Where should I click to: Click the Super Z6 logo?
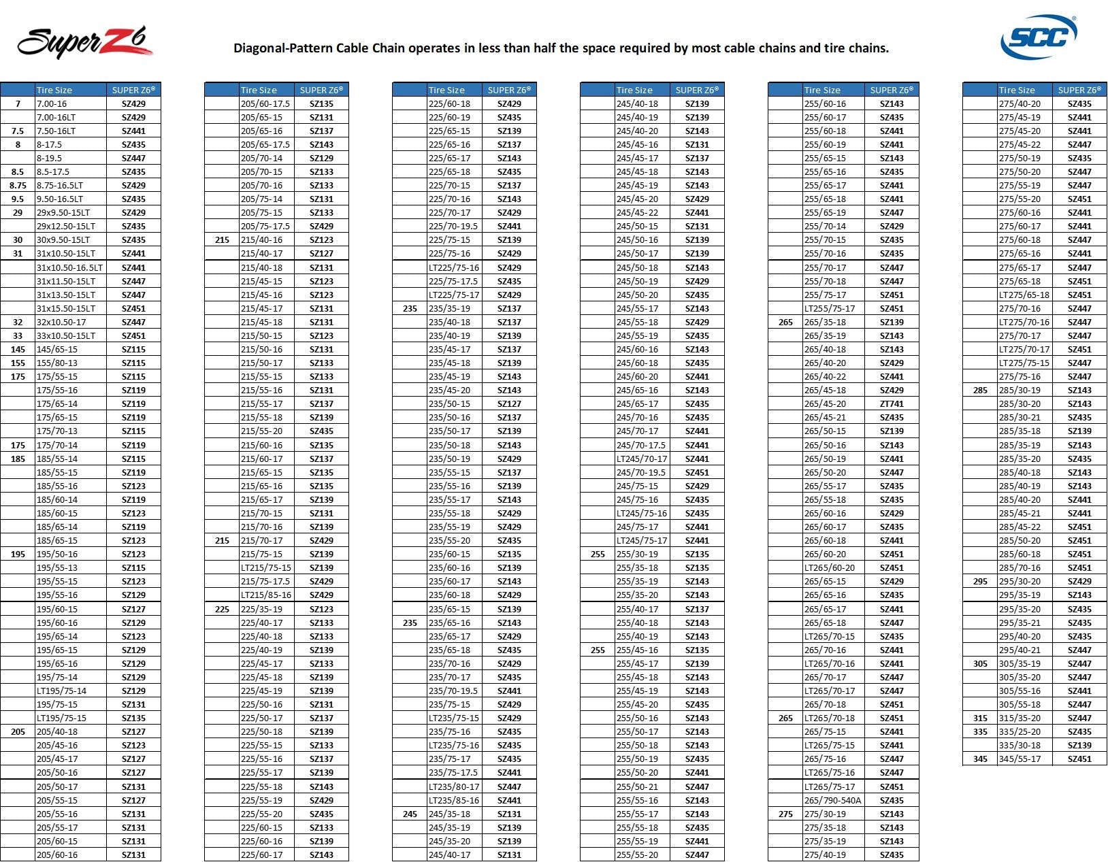click(x=84, y=42)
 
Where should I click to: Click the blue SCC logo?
click(x=1039, y=37)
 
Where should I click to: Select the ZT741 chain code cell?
click(x=892, y=403)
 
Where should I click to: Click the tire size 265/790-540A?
click(x=832, y=800)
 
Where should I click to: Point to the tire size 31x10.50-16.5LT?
click(x=70, y=267)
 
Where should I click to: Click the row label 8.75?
click(x=18, y=185)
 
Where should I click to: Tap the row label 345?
click(x=980, y=759)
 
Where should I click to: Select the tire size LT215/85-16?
click(x=266, y=595)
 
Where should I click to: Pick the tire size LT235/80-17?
click(x=454, y=786)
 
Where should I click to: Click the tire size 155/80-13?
click(x=56, y=363)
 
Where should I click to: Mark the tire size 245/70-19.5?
click(x=640, y=472)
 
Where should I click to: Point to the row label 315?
click(x=980, y=718)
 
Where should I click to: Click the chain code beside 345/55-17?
click(x=1079, y=759)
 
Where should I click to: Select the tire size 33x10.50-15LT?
click(x=66, y=335)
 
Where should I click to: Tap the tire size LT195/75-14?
click(x=61, y=691)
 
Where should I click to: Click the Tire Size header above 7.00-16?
click(x=54, y=90)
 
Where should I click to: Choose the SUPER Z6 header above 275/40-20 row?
click(x=1079, y=90)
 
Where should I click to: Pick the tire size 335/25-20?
click(x=1020, y=731)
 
